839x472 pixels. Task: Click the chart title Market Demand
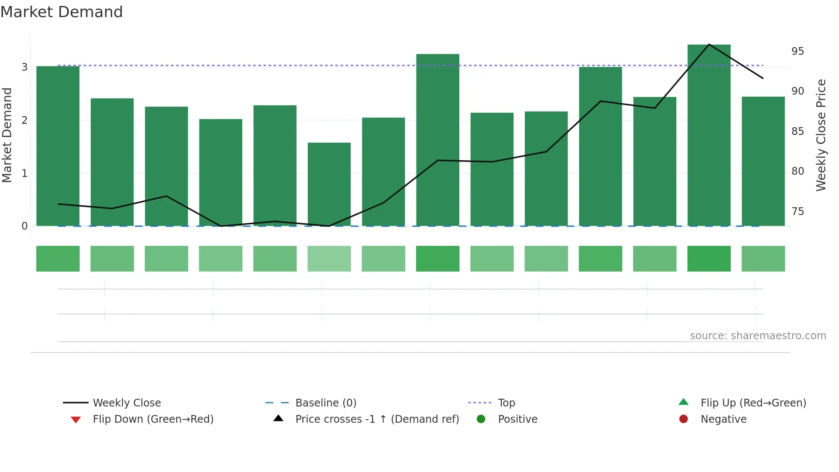point(62,12)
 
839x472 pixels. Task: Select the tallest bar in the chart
point(709,135)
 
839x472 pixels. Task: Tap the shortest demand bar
point(329,184)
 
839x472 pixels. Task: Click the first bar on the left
point(58,146)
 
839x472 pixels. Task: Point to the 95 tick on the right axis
point(797,51)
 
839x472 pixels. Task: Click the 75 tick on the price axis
point(797,212)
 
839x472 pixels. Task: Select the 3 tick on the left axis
point(24,67)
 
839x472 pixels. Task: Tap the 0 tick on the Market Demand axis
point(24,226)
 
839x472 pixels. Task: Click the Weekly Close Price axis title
point(821,135)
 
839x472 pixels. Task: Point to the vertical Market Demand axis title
point(7,135)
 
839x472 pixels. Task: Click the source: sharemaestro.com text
point(758,336)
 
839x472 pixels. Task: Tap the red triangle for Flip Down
point(76,420)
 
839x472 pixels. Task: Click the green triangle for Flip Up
point(684,402)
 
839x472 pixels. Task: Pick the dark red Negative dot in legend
point(684,419)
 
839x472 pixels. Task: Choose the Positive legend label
point(518,419)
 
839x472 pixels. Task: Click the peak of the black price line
point(709,44)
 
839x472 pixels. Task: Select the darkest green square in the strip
point(709,259)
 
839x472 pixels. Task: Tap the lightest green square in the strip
point(329,259)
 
